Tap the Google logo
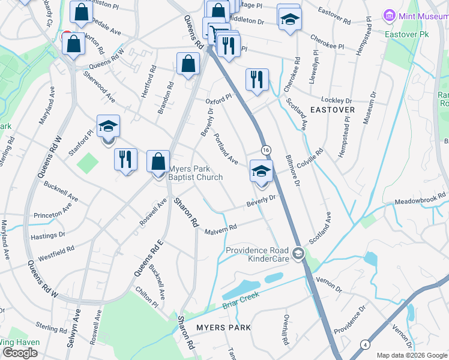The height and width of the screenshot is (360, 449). pos(20,353)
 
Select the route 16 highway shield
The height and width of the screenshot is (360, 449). pos(266,149)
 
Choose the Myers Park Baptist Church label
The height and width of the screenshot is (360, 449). pos(196,173)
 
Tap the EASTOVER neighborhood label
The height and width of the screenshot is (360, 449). pos(333,110)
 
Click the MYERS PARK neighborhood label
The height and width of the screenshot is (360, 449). pos(223,327)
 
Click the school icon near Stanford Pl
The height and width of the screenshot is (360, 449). pos(108,127)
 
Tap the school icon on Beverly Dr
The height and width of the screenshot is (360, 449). pos(261,172)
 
